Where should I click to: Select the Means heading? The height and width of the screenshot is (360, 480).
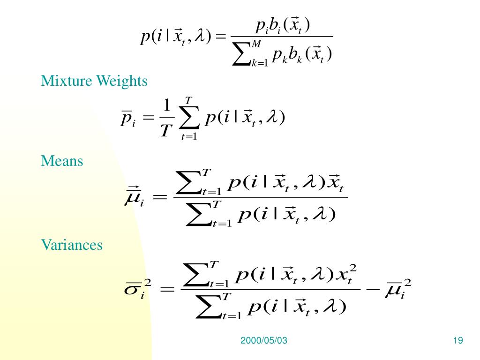(x=62, y=161)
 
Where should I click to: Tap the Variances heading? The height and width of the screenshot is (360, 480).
(x=72, y=245)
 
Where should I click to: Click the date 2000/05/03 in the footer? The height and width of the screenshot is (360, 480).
(x=263, y=341)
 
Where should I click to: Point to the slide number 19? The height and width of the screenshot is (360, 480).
(x=458, y=341)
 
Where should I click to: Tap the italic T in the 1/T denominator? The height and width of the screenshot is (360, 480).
(x=165, y=131)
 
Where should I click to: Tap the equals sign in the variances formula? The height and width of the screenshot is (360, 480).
(x=167, y=289)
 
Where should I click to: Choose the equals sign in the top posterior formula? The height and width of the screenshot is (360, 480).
(x=222, y=37)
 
